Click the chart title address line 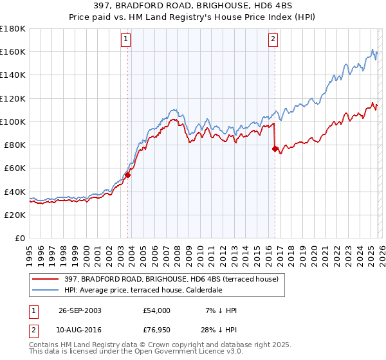tap(192, 6)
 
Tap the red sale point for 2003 tap(128, 174)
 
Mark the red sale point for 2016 tap(275, 148)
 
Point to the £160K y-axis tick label tap(13, 52)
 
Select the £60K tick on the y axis tap(15, 168)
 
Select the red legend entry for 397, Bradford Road tap(171, 279)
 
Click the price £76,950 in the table tap(156, 332)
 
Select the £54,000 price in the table tap(156, 310)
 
